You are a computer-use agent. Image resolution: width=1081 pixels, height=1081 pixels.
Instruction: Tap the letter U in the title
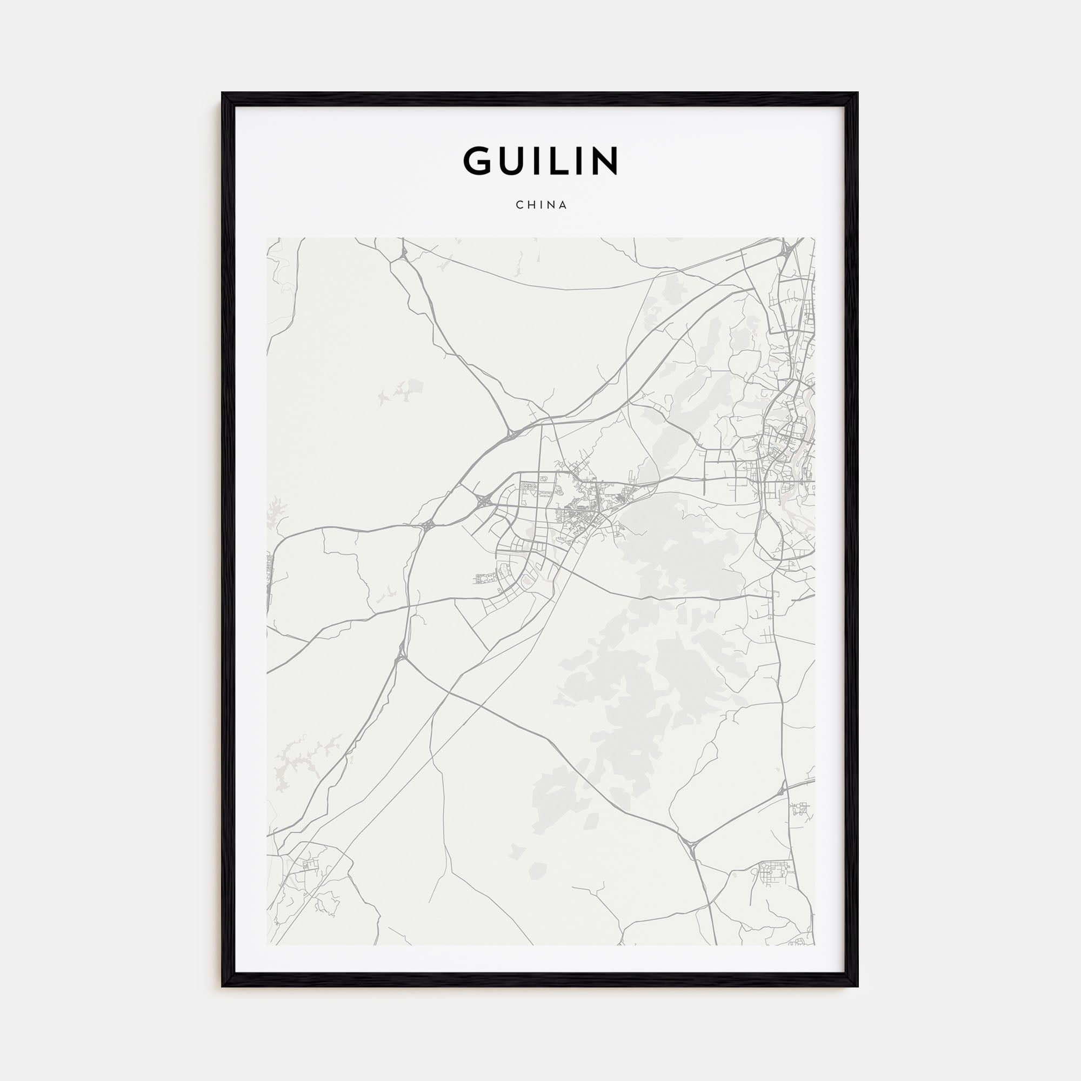click(x=515, y=161)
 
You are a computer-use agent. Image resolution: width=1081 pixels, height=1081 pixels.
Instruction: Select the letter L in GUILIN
click(x=565, y=161)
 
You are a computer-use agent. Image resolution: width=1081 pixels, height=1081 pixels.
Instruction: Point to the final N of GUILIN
click(x=604, y=161)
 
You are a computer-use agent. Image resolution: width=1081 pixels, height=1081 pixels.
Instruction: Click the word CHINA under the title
click(x=541, y=205)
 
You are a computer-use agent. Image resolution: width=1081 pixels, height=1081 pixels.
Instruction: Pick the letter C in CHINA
click(x=519, y=205)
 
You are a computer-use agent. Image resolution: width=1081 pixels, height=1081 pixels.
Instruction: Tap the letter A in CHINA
click(x=563, y=205)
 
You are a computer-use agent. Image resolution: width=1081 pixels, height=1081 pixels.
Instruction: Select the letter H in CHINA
click(x=530, y=205)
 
